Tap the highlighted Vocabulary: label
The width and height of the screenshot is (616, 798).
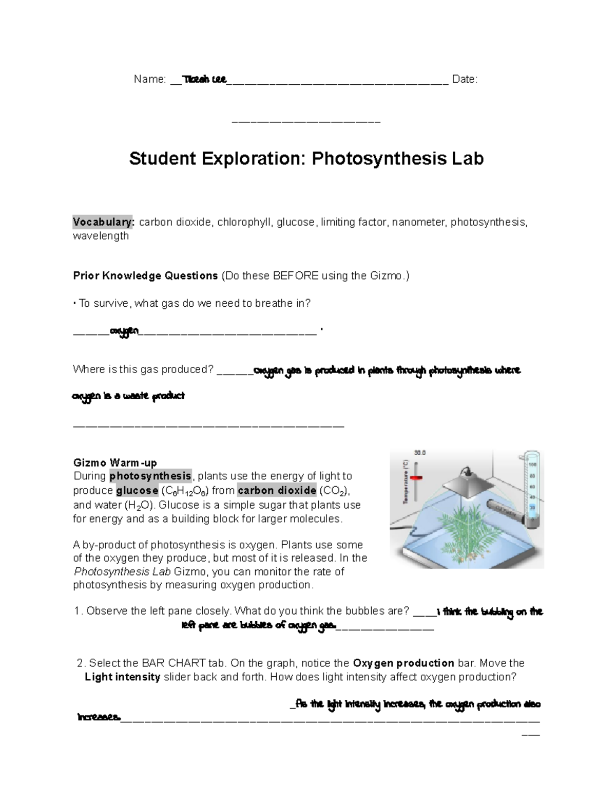click(103, 222)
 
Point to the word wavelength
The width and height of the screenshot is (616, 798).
click(101, 236)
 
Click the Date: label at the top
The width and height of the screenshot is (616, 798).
click(465, 79)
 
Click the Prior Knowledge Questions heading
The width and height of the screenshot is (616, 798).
click(145, 276)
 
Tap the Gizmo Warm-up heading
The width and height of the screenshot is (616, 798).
click(115, 463)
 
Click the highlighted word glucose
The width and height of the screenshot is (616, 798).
click(137, 490)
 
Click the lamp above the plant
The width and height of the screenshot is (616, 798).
click(467, 483)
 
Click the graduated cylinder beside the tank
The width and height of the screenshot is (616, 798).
click(532, 488)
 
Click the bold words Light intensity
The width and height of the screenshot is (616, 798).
click(123, 677)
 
